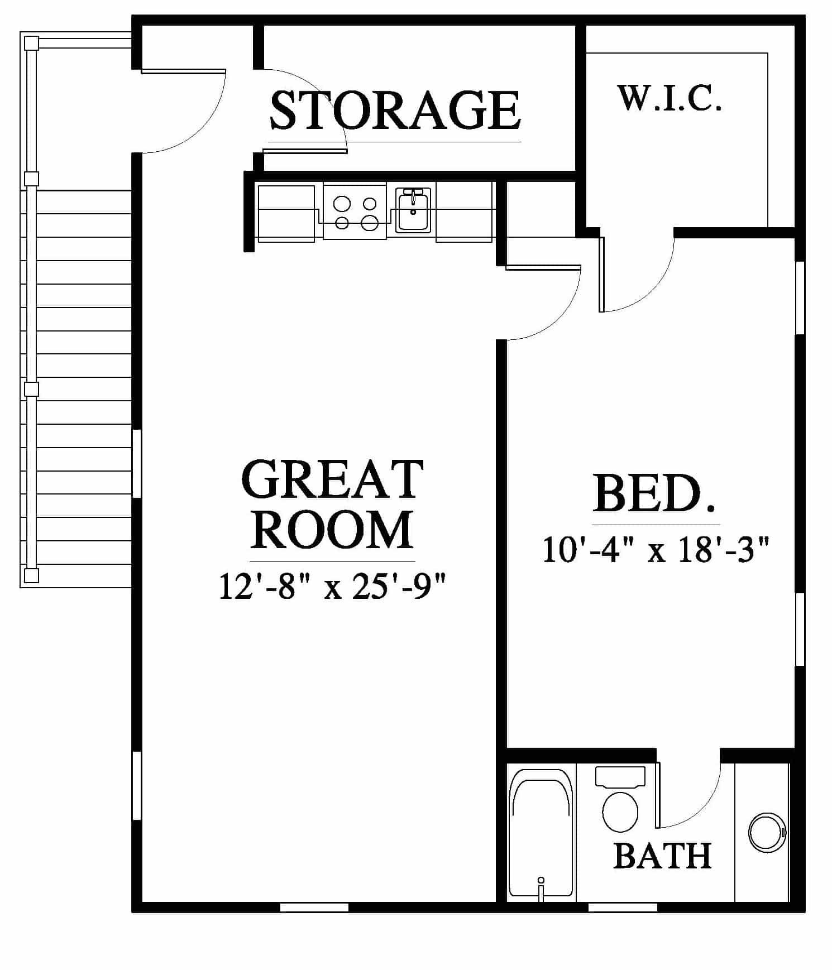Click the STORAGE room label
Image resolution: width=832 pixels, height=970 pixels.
click(x=395, y=110)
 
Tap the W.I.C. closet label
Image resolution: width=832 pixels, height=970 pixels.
click(x=670, y=98)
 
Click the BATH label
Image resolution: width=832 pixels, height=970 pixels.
click(x=662, y=856)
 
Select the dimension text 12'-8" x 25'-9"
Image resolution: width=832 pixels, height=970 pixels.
click(x=333, y=587)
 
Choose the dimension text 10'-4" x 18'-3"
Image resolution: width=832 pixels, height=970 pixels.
click(x=656, y=550)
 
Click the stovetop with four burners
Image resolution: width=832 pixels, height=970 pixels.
click(x=355, y=212)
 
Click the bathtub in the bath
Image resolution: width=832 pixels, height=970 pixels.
click(x=541, y=833)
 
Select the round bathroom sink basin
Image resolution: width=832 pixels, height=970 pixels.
click(x=767, y=832)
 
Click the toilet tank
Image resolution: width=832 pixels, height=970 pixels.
click(x=620, y=776)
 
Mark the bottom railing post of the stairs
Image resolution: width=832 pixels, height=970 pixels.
click(x=31, y=575)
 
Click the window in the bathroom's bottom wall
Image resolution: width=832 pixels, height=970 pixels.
click(x=623, y=907)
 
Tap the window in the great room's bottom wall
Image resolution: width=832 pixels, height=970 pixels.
click(x=314, y=907)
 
